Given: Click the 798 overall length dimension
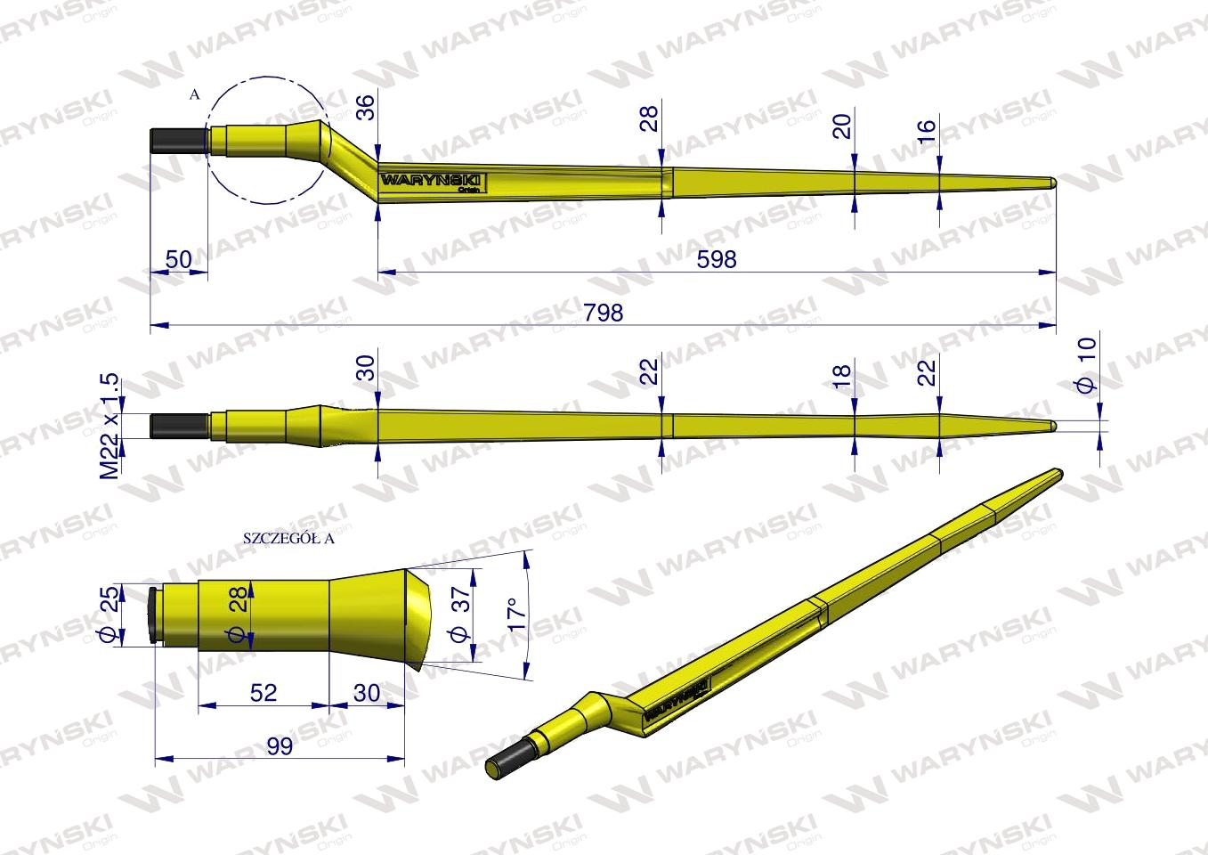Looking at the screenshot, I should (603, 313).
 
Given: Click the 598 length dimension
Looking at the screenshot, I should (716, 259).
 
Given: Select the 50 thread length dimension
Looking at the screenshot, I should (178, 259).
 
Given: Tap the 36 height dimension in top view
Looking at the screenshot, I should (365, 107).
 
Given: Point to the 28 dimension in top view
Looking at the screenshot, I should (649, 118).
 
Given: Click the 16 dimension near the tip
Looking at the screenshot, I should (927, 130).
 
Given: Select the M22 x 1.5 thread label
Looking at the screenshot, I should (109, 426).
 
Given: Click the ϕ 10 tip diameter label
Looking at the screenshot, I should (1086, 365).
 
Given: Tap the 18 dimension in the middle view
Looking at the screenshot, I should (841, 375).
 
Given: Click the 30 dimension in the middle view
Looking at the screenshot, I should (365, 367).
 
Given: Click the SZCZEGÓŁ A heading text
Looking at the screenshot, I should (288, 538).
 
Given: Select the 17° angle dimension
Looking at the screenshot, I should (517, 615).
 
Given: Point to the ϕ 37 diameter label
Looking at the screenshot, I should (460, 614).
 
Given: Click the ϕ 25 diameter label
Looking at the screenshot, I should (109, 614).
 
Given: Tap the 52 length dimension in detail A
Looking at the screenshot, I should (263, 692).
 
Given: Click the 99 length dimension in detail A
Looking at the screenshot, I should (280, 746).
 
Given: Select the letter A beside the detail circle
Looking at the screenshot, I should (195, 95).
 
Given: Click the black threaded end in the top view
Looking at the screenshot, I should (179, 141).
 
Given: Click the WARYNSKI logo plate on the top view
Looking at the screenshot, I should (433, 182).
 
